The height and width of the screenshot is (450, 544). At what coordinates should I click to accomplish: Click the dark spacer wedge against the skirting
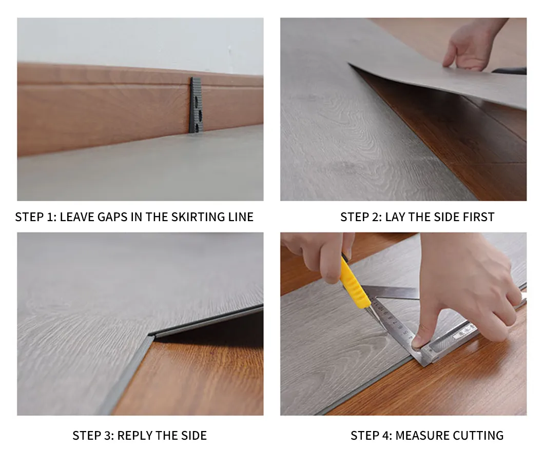point(196,105)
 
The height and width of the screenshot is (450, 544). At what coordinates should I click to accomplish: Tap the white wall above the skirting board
point(139,41)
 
